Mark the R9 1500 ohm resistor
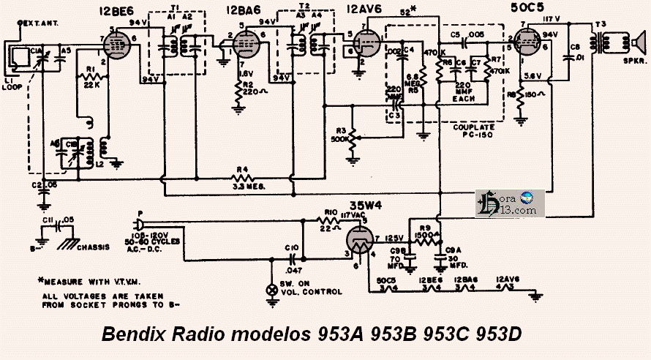coord(424,236)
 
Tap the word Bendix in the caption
coord(135,335)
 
